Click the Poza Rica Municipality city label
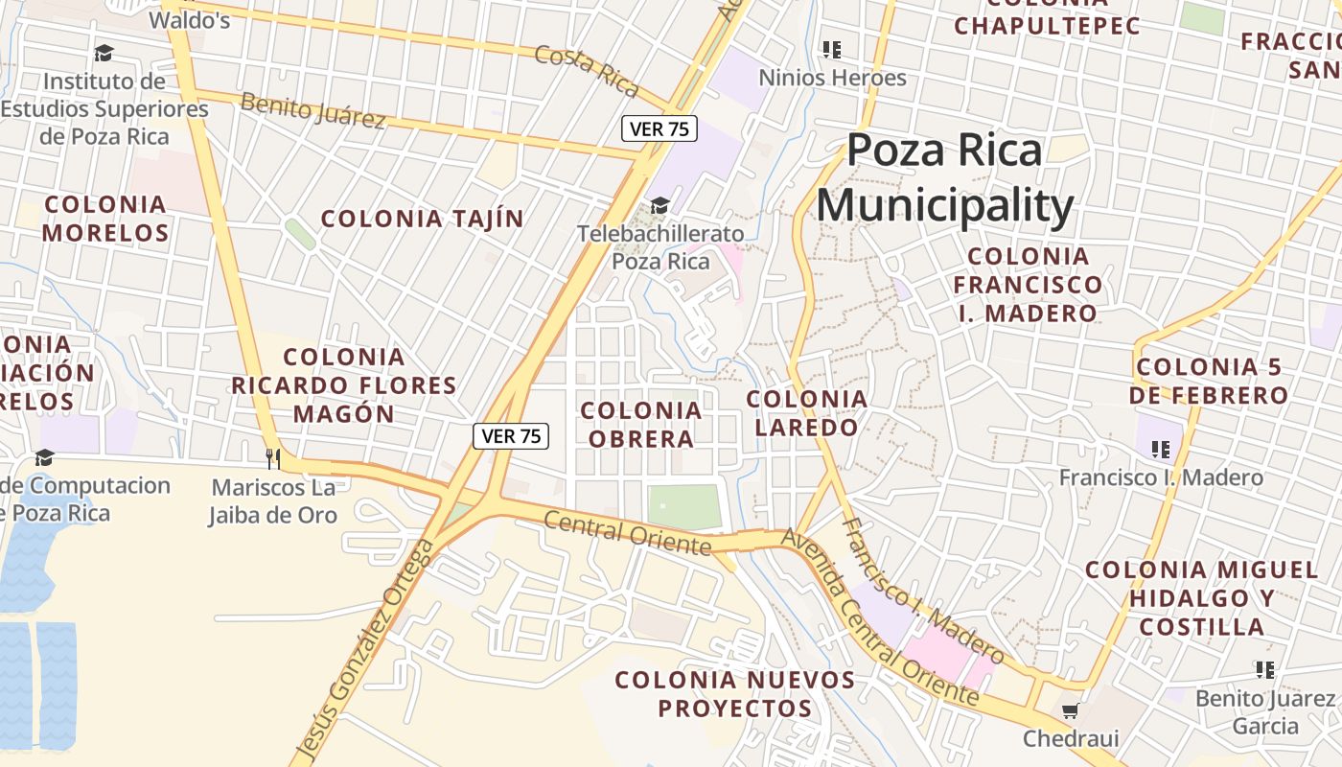tap(944, 178)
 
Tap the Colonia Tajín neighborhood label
tap(422, 219)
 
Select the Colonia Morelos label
tap(105, 219)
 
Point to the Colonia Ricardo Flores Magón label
tap(344, 385)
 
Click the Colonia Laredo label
tap(806, 412)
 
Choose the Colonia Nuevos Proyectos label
tap(734, 694)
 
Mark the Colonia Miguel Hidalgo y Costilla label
tap(1202, 598)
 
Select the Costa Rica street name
tap(587, 70)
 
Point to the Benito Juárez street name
tap(312, 110)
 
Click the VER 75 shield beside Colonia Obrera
tap(511, 436)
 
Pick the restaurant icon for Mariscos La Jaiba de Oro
tap(273, 459)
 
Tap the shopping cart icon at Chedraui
tap(1070, 710)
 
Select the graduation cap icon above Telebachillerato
tap(659, 205)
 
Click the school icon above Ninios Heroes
tap(831, 49)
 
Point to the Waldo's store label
tap(190, 19)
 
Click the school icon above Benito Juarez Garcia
tap(1264, 670)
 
